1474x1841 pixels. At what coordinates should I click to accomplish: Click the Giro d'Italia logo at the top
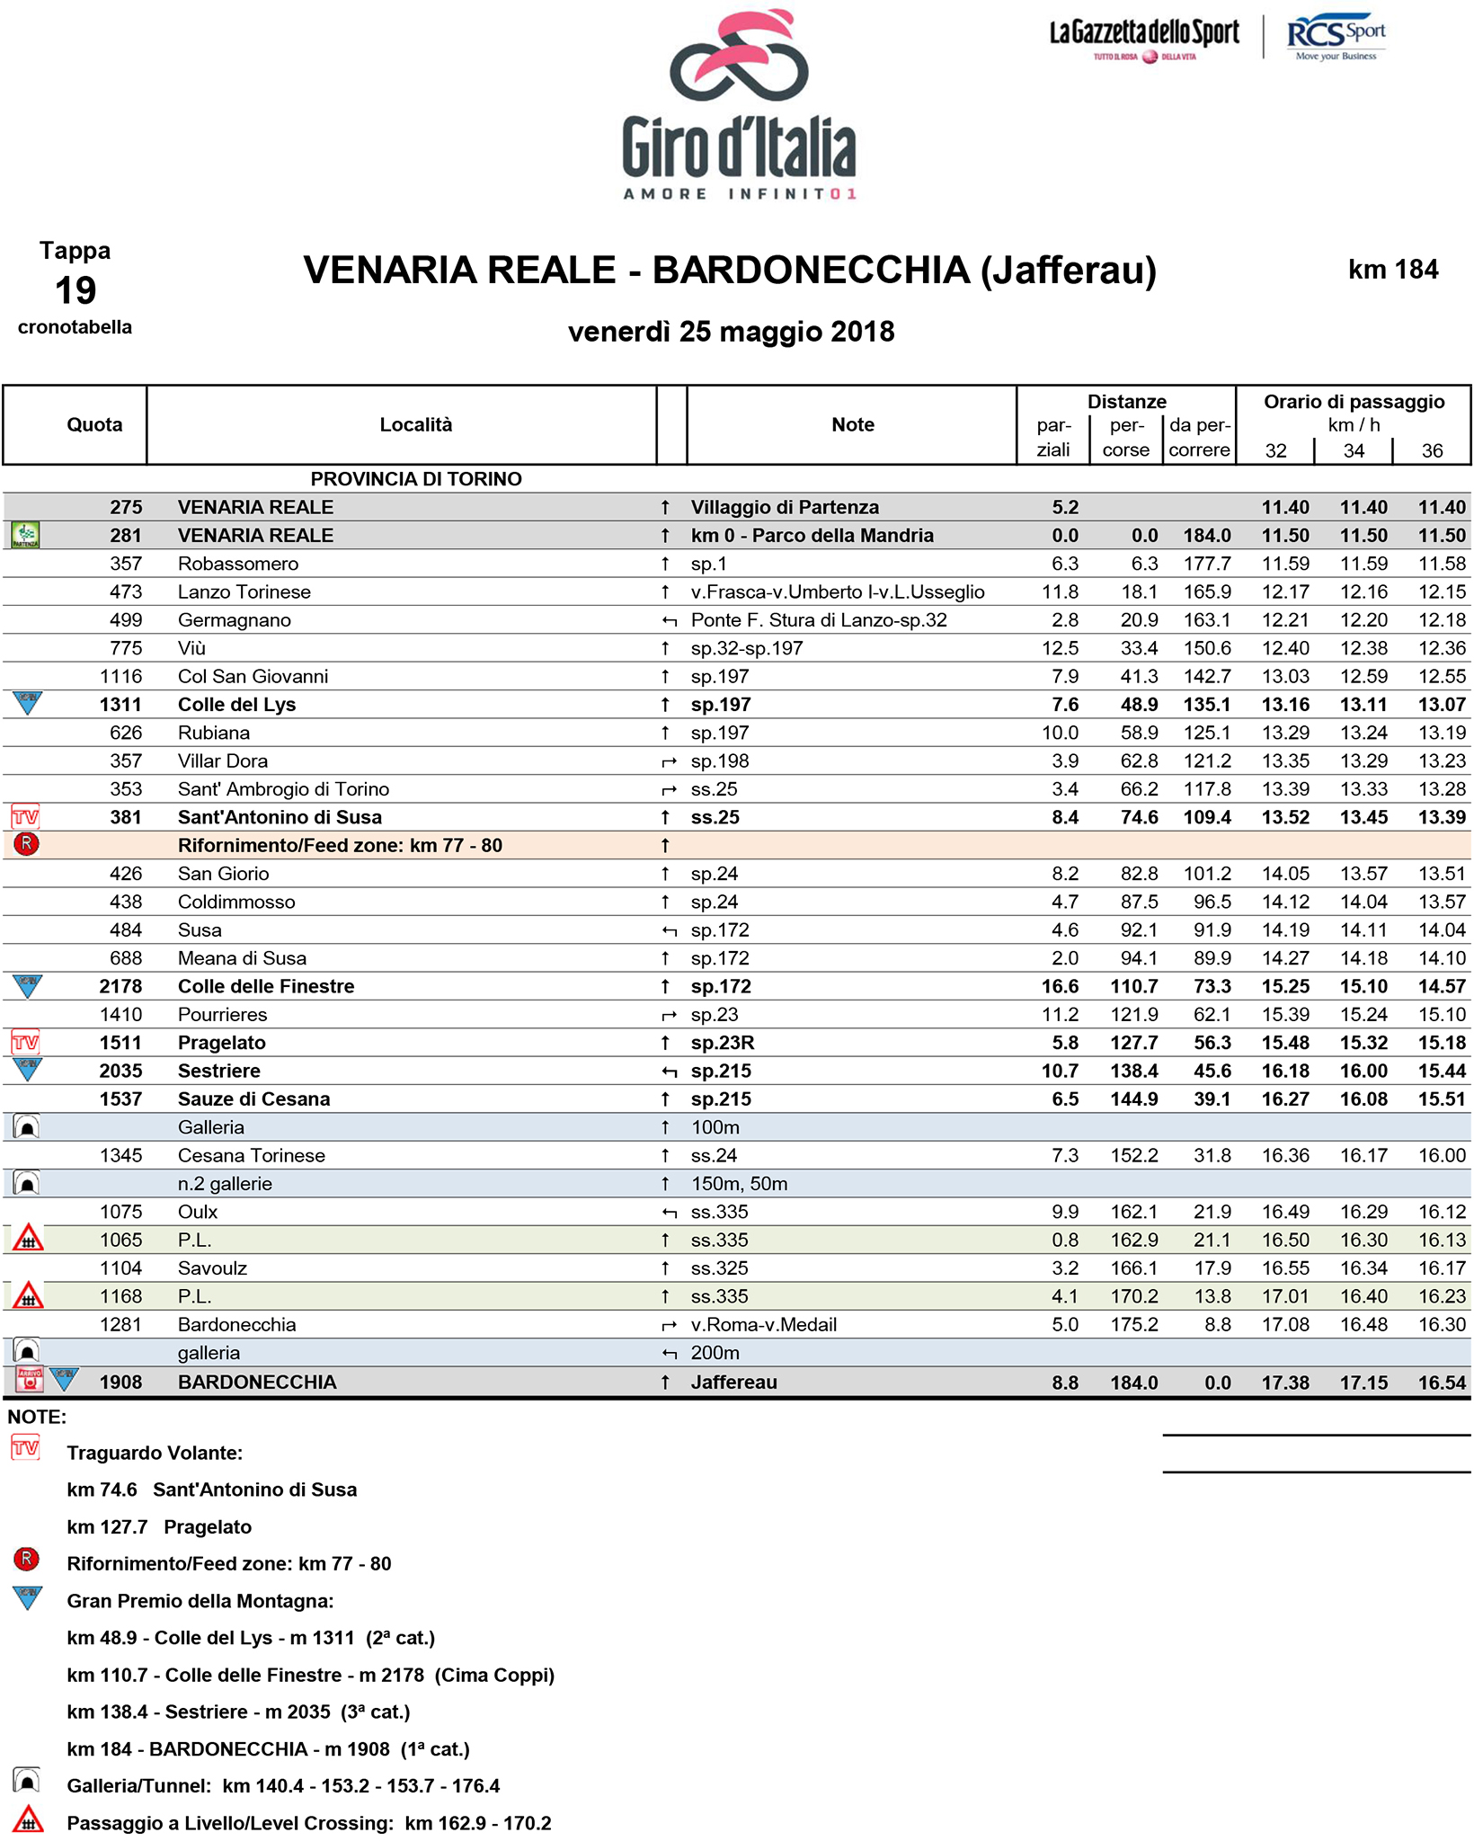pos(739,106)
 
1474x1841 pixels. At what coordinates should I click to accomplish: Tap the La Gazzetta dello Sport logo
pos(1144,38)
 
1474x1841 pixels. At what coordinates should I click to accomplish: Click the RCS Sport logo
pos(1336,37)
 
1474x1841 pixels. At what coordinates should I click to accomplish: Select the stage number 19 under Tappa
pos(75,290)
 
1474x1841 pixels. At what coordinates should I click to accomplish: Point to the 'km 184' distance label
pos(1392,270)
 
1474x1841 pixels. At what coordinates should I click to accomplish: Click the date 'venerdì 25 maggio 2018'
pos(731,332)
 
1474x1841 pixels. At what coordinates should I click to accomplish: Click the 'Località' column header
pos(415,425)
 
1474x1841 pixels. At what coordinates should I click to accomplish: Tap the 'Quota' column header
pos(94,425)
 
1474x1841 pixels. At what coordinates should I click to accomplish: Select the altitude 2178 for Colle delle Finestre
pos(120,986)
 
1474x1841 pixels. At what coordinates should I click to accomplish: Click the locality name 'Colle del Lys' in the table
pos(236,705)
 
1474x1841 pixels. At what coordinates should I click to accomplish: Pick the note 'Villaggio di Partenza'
pos(785,507)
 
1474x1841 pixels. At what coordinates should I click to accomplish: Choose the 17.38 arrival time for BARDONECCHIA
pos(1284,1383)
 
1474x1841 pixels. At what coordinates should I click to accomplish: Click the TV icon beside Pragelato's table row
pos(25,1043)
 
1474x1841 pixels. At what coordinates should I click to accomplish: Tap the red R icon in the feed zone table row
pos(27,844)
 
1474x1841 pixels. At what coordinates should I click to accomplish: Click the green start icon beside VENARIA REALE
pos(25,536)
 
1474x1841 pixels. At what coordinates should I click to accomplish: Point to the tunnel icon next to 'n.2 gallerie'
pos(27,1184)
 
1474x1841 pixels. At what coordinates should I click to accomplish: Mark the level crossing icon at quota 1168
pos(28,1296)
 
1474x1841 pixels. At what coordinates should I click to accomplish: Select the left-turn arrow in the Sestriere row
pos(668,1072)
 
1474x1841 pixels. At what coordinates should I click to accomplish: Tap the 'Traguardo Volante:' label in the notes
pos(155,1453)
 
